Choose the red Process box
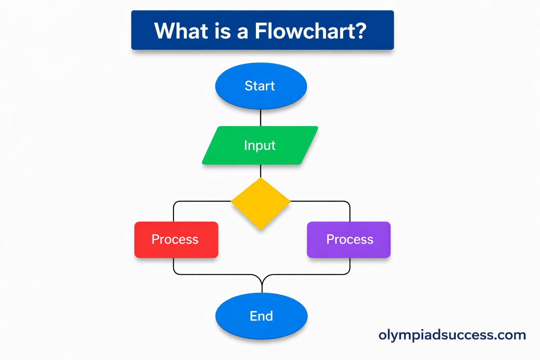[x=176, y=250]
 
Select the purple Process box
[x=349, y=250]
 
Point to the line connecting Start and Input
[x=261, y=118]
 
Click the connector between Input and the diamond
[x=261, y=171]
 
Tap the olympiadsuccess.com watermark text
[x=452, y=335]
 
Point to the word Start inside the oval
[x=260, y=86]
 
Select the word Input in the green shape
[x=260, y=145]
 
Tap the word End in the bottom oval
[x=261, y=316]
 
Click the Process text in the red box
[x=175, y=239]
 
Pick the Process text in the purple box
[x=350, y=239]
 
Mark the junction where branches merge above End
[x=262, y=281]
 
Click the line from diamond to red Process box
[x=197, y=201]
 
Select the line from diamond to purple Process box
[x=323, y=201]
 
